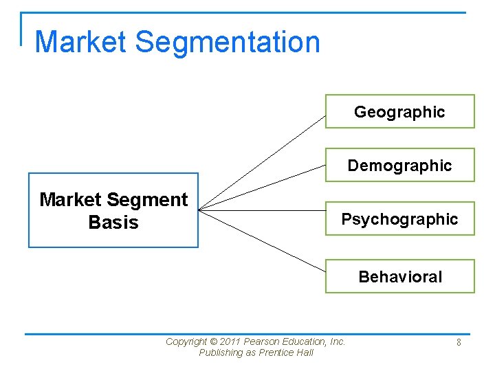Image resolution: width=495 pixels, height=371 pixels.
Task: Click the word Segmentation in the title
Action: [x=228, y=42]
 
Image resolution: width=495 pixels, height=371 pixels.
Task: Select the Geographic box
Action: [x=399, y=111]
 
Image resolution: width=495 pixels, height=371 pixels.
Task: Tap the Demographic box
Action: [x=399, y=165]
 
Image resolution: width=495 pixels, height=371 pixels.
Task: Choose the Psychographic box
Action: [x=399, y=219]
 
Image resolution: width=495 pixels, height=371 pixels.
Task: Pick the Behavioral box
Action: [x=399, y=277]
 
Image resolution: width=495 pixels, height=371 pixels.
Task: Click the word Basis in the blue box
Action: [x=113, y=223]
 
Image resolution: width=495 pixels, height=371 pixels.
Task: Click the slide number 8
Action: [x=458, y=341]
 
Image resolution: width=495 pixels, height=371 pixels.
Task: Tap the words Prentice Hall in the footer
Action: [x=287, y=352]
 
